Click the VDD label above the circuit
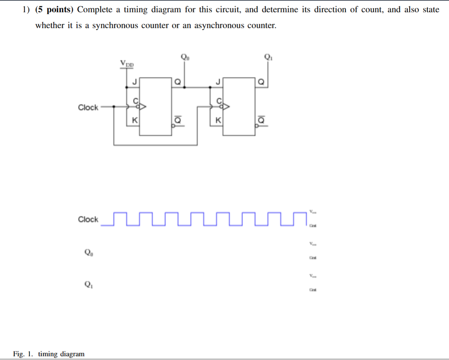(x=127, y=64)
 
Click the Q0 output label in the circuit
(x=185, y=57)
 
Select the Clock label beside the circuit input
(x=88, y=107)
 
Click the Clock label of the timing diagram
(x=88, y=219)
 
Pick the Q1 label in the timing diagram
(x=88, y=285)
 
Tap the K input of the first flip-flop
(x=135, y=120)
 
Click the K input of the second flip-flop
(x=218, y=120)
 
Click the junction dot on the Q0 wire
(x=185, y=87)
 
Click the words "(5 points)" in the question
(x=55, y=10)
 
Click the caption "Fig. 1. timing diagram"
(x=49, y=354)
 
